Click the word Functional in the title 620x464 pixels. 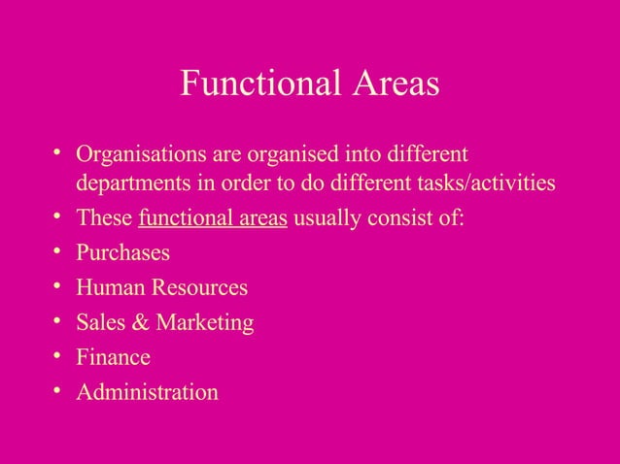pos(257,84)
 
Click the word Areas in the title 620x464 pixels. pos(390,84)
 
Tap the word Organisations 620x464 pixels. pos(137,155)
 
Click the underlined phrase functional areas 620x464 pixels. pos(213,217)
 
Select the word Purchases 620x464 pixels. pos(122,253)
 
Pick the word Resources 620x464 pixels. pos(199,288)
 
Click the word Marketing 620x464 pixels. pos(206,322)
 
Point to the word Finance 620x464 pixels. pos(114,357)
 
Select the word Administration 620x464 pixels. pos(148,392)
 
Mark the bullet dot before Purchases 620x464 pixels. pos(58,252)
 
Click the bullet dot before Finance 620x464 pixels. pos(58,356)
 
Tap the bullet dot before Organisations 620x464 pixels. pos(58,154)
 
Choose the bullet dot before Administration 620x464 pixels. pos(58,391)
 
